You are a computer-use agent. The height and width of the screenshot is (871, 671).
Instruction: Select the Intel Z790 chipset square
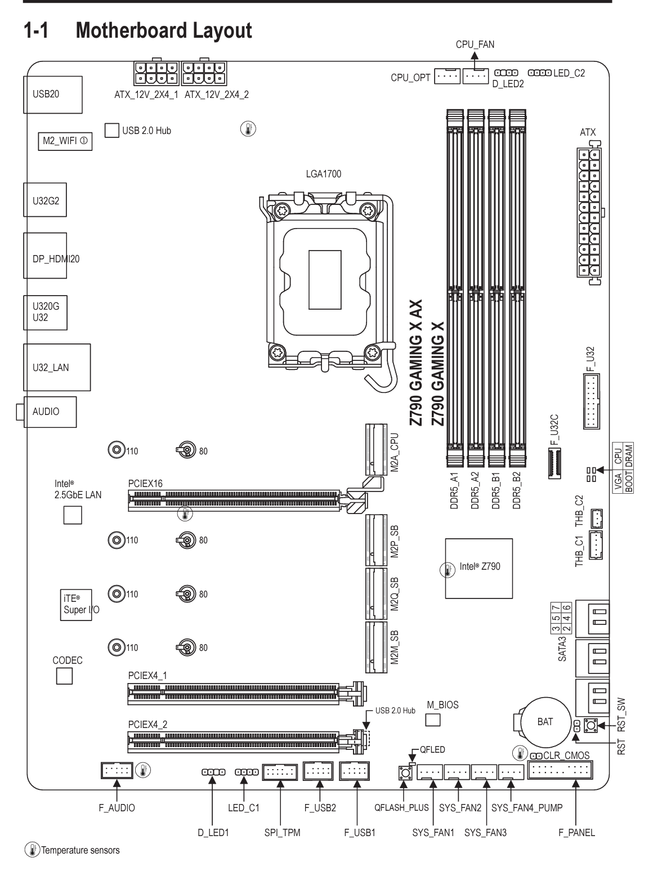coord(478,569)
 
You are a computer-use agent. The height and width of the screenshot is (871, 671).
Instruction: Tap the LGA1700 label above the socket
coord(323,174)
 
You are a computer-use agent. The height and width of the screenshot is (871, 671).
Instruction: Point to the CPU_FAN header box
coord(476,76)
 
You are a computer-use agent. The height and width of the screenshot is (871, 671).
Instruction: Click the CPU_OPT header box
coord(447,76)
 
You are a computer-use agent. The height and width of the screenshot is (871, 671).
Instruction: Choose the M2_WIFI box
coord(65,141)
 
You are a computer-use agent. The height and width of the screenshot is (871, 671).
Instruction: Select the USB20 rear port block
coord(53,95)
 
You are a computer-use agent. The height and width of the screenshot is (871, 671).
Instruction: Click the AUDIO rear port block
coord(50,412)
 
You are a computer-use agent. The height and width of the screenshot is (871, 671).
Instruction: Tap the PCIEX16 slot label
coord(145,484)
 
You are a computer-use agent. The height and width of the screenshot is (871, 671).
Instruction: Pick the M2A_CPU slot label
coord(395,453)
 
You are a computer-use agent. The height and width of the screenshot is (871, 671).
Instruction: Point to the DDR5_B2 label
coord(517,490)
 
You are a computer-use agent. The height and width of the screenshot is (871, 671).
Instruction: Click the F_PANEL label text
coord(576,833)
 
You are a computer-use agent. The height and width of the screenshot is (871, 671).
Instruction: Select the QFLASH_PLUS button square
coord(405,772)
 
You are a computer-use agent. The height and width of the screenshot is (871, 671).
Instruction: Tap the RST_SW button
coord(591,725)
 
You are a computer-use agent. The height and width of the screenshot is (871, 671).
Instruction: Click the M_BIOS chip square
coord(433,720)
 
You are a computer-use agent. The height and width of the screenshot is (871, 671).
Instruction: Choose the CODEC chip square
coord(65,677)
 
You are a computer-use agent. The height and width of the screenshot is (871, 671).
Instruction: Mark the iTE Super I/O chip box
coord(76,605)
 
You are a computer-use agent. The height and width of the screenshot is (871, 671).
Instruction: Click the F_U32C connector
coord(555,463)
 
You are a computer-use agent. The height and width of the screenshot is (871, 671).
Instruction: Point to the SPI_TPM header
coord(280,772)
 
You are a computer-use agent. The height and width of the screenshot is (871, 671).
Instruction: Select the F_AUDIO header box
coord(117,770)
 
